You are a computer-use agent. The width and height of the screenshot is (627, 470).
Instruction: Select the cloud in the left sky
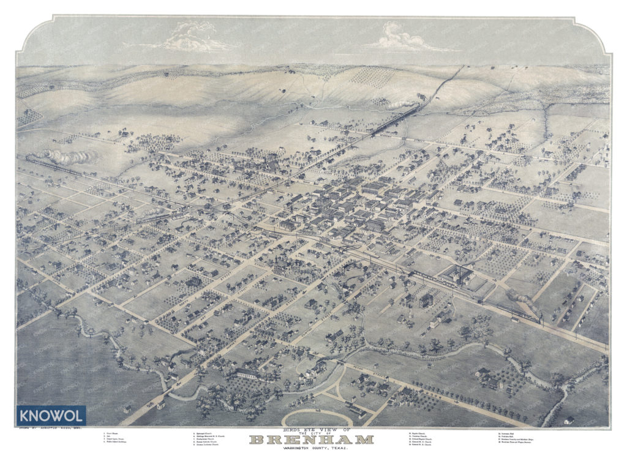193,38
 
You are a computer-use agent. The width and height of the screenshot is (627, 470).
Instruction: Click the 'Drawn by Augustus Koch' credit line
56,429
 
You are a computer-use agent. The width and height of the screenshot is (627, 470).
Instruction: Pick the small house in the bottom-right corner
569,420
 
